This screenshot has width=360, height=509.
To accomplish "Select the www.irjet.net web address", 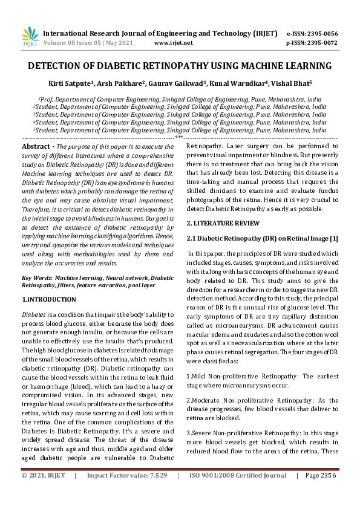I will coord(174,43).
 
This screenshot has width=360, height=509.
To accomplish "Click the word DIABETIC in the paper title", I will coord(152,65).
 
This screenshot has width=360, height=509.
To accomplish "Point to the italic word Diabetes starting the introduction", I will coord(33,315).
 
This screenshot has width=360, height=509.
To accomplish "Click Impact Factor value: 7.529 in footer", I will coord(126,493).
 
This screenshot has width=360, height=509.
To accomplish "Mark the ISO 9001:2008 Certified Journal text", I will coord(238,493).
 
